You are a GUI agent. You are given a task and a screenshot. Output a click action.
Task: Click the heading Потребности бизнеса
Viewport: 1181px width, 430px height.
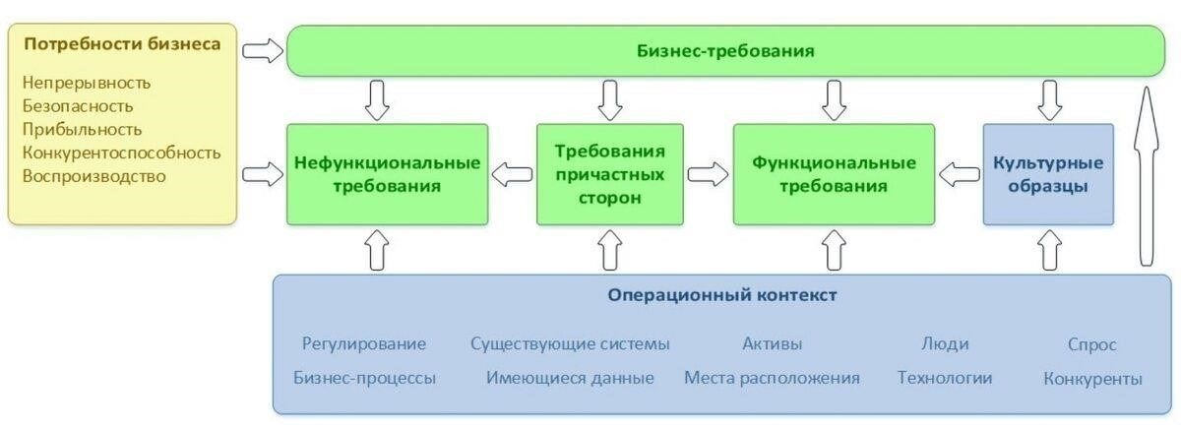click(x=121, y=45)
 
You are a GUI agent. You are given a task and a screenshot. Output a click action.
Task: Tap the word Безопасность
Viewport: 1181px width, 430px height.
click(x=78, y=106)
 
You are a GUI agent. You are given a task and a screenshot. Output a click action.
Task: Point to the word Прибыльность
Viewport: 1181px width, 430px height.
click(x=82, y=129)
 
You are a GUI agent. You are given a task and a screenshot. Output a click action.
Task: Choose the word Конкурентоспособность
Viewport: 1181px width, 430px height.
click(x=121, y=153)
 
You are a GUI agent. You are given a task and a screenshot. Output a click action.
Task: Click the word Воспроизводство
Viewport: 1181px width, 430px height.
click(x=94, y=176)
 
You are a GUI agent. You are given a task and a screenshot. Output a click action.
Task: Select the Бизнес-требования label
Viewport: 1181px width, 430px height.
click(x=725, y=51)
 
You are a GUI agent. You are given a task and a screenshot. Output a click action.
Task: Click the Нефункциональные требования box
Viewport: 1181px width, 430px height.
click(x=387, y=173)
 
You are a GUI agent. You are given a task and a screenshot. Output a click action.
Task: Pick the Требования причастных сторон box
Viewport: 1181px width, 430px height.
click(x=610, y=174)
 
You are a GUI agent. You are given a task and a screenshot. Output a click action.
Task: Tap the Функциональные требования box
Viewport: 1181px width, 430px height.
click(x=834, y=173)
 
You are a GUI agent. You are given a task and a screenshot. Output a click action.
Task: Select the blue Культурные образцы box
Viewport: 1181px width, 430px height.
click(x=1048, y=174)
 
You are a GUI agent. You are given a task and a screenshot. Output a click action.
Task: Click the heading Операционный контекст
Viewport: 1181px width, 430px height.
click(x=722, y=295)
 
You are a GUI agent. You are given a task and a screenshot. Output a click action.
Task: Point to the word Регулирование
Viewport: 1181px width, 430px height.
click(x=364, y=344)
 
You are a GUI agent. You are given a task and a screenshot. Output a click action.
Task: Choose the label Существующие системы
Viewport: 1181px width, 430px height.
click(x=570, y=344)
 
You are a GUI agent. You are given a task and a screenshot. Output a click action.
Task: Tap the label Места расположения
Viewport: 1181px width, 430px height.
click(x=772, y=378)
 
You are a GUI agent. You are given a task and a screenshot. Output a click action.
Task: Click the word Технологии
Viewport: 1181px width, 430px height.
click(x=945, y=378)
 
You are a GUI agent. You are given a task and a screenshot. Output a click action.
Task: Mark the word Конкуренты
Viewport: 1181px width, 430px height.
click(x=1092, y=379)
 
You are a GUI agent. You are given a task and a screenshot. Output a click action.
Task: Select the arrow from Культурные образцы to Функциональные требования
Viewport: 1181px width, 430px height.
click(x=958, y=175)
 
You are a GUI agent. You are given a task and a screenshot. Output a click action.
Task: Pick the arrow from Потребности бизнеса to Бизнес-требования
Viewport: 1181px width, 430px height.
click(x=261, y=50)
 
